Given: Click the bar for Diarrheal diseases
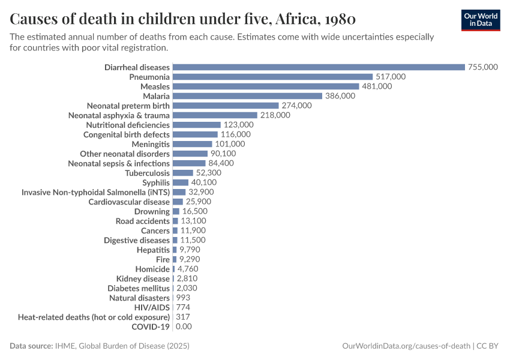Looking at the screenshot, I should (319, 67).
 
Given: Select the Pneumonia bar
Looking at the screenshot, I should (272, 77).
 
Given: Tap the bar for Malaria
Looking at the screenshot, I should (247, 96).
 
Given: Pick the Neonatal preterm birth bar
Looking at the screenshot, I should (226, 106).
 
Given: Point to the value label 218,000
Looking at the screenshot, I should (275, 115).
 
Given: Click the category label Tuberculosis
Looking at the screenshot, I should (147, 173).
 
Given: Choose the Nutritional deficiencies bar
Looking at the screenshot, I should (196, 125).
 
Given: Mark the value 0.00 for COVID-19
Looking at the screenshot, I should (183, 326).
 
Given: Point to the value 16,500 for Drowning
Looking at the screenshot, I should (195, 211).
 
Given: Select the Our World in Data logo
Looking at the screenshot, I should (481, 20).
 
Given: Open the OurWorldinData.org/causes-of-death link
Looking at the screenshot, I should (406, 346).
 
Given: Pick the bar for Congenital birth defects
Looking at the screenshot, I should (194, 134).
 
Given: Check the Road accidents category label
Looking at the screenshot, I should (143, 221).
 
